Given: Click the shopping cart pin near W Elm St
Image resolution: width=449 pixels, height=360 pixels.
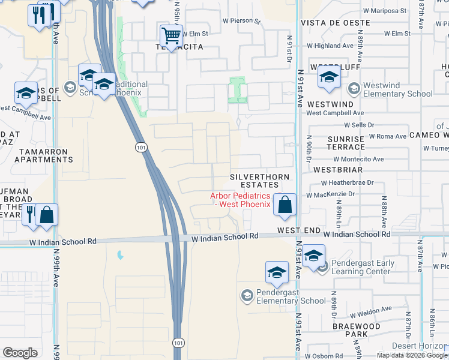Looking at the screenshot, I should pyautogui.click(x=172, y=37).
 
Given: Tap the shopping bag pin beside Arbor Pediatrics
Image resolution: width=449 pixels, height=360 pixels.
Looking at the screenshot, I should pyautogui.click(x=286, y=205).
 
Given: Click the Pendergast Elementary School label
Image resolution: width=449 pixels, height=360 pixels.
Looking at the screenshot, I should pyautogui.click(x=291, y=296).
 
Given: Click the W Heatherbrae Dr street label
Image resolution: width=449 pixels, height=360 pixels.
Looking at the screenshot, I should pyautogui.click(x=348, y=182).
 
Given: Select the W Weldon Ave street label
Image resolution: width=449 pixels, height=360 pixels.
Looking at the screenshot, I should pyautogui.click(x=370, y=312).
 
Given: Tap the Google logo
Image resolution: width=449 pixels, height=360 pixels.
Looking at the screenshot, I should pyautogui.click(x=20, y=353).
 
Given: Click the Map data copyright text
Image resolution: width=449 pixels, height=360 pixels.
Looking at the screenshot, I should pyautogui.click(x=412, y=355).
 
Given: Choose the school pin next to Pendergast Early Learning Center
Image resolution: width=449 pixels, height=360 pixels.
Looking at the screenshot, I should pyautogui.click(x=313, y=257).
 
